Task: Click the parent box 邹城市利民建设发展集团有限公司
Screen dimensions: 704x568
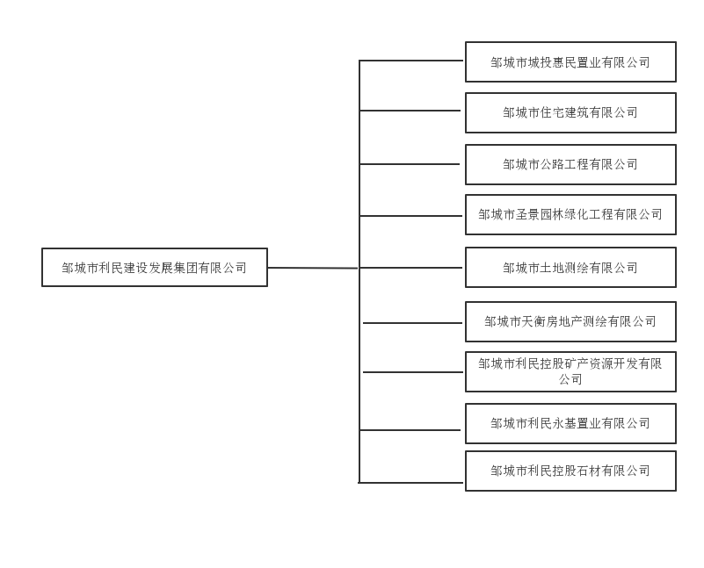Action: tap(155, 267)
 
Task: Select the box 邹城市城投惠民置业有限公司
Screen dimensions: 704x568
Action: tap(570, 61)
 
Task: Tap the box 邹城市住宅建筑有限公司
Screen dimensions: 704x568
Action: tap(570, 112)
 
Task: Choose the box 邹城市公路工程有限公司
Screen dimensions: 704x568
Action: tap(570, 164)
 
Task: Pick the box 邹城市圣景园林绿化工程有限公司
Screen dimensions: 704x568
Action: tap(570, 214)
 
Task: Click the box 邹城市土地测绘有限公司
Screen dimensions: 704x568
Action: tap(570, 267)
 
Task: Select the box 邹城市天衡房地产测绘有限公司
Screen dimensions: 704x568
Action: tap(570, 321)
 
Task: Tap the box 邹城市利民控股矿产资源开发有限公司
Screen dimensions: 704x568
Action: tap(570, 371)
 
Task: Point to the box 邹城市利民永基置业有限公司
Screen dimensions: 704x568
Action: tap(570, 423)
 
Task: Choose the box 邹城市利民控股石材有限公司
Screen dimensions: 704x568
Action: tap(570, 471)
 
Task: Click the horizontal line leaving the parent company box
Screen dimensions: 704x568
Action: tap(313, 268)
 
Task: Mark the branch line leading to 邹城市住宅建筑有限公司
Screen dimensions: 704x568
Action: tap(410, 111)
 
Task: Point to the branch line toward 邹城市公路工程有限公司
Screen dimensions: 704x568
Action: tap(410, 164)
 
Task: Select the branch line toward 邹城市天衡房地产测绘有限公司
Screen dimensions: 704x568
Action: tap(412, 323)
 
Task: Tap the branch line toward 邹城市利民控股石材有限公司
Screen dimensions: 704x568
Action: tap(410, 483)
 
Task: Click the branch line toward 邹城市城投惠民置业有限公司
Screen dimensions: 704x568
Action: tap(411, 60)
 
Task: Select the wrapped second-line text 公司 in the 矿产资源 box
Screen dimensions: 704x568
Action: tap(570, 379)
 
